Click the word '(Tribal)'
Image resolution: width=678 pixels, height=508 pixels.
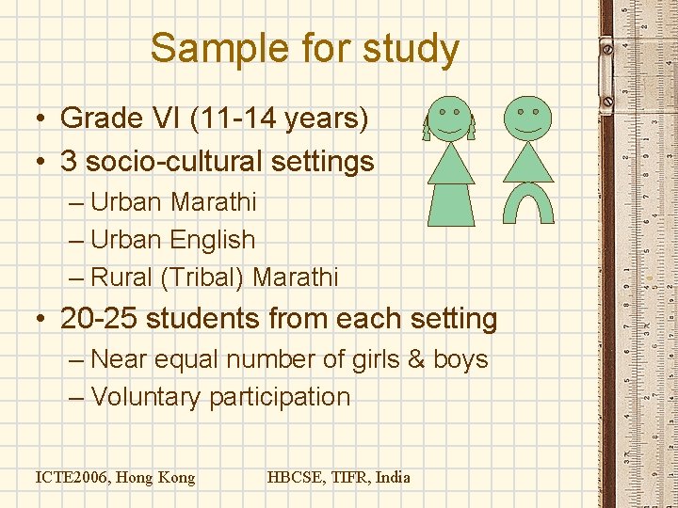199,278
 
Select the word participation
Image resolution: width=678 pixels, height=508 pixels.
280,397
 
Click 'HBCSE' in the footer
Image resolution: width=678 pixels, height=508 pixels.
294,477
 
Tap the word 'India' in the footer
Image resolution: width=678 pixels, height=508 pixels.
393,477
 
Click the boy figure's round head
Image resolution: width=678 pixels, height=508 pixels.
528,115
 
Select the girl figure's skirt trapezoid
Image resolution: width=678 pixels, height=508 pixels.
451,206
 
